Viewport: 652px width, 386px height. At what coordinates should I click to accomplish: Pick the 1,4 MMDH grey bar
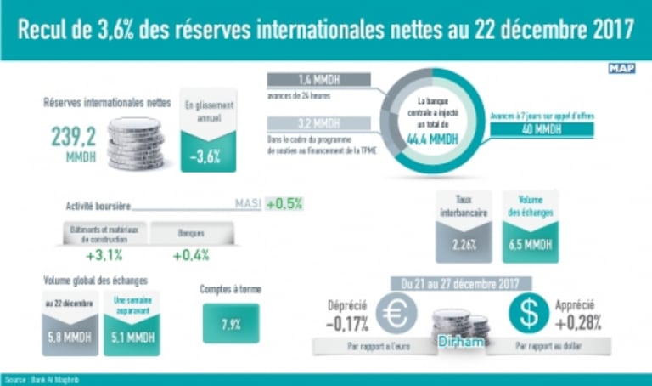(x=318, y=80)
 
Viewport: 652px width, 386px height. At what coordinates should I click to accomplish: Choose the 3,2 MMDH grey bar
(x=318, y=124)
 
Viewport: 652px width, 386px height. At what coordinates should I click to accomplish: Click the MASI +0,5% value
(x=284, y=204)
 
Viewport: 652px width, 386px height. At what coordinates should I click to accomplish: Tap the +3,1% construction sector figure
(x=104, y=255)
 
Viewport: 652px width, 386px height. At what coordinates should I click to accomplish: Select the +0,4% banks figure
(x=191, y=255)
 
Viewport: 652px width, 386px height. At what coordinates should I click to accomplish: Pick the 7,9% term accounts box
(x=231, y=324)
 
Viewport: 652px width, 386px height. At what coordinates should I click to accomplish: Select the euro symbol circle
(x=396, y=315)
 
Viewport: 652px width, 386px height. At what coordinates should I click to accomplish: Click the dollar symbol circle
(x=529, y=315)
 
